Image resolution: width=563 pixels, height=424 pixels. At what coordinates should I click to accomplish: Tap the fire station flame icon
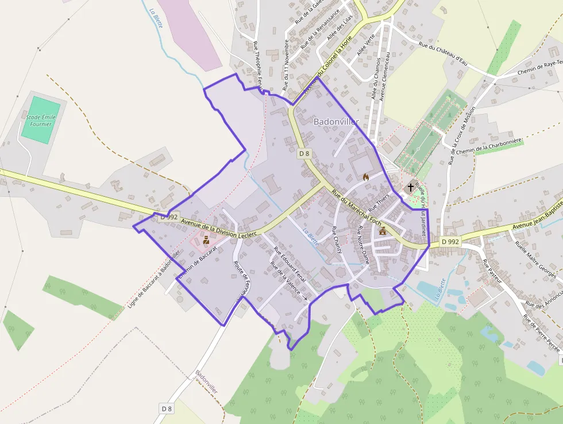pos(365,177)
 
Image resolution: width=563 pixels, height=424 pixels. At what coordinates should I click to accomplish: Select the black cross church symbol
pos(411,187)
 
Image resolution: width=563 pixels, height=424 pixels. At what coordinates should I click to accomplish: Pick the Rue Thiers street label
pos(379,201)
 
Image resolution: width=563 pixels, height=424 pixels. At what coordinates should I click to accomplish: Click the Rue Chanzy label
pos(337,240)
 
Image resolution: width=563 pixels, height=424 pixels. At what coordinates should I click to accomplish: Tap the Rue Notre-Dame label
pos(363,245)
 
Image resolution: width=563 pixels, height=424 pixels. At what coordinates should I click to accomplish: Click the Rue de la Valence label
pos(286,278)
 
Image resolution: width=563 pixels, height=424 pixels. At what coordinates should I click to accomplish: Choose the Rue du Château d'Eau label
pos(441,52)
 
